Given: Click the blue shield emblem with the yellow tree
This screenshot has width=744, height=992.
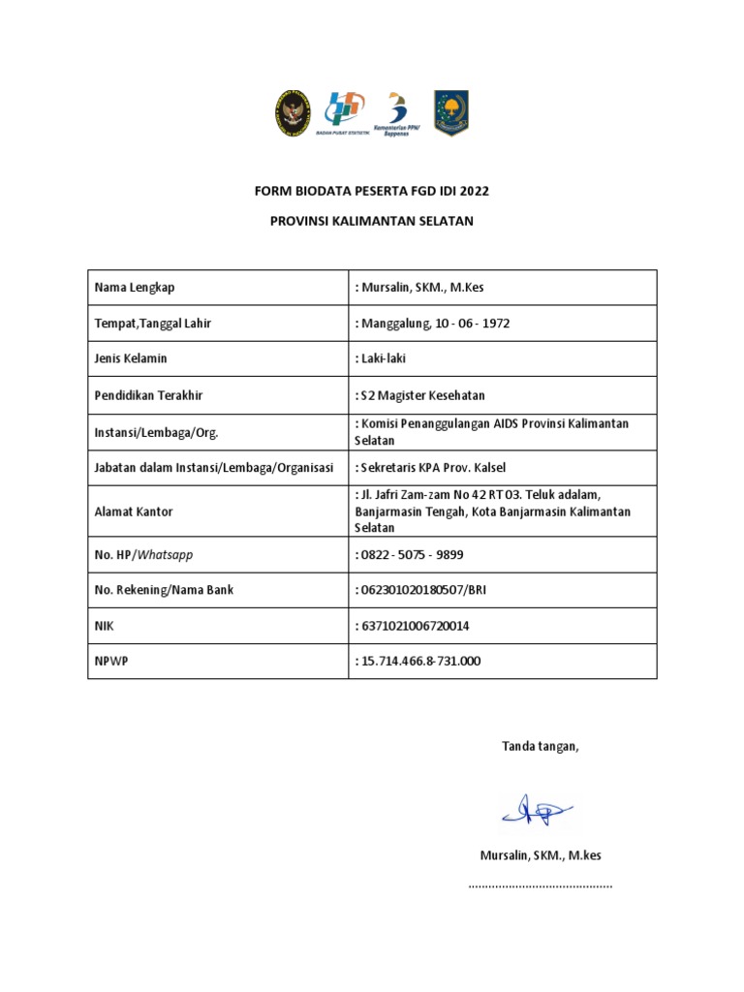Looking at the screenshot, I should (x=450, y=112).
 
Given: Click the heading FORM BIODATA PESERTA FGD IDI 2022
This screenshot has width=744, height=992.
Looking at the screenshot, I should (x=372, y=191).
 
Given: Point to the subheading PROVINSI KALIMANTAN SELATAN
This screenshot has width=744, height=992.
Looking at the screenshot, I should (x=372, y=221).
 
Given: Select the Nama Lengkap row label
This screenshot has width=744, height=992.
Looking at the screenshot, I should (x=135, y=288).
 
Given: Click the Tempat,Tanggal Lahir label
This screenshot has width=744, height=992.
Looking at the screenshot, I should (x=152, y=324).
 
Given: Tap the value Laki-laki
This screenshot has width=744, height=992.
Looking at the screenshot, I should (x=383, y=358).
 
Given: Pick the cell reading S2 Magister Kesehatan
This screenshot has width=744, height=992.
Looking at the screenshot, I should (x=422, y=395).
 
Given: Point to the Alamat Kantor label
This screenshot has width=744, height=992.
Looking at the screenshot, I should (x=134, y=511).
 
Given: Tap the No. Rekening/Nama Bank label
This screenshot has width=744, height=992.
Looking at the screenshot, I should (x=164, y=590).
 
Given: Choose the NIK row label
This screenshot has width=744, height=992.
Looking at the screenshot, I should (x=104, y=626).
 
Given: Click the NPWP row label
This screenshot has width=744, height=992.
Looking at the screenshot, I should (x=109, y=661).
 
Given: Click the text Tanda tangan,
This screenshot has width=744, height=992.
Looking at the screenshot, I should (x=540, y=746).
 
